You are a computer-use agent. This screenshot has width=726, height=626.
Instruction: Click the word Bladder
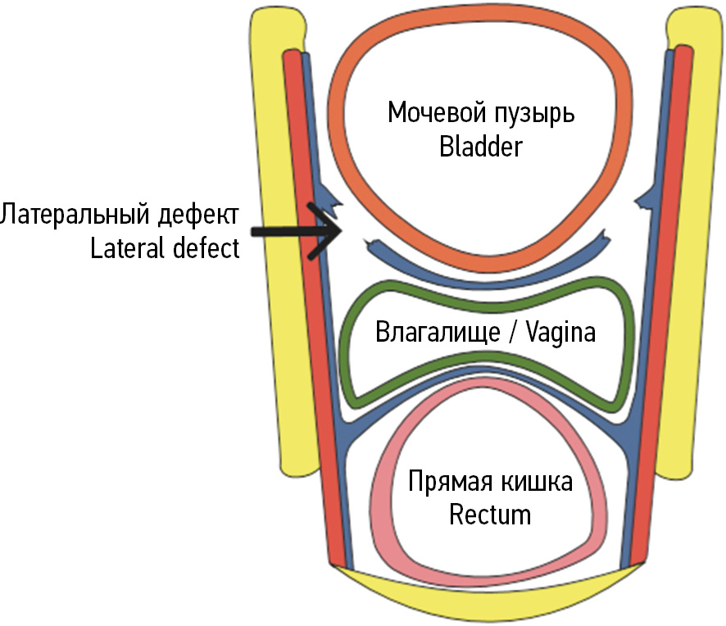click(480, 147)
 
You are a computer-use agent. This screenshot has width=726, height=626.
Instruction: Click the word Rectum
click(490, 515)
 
